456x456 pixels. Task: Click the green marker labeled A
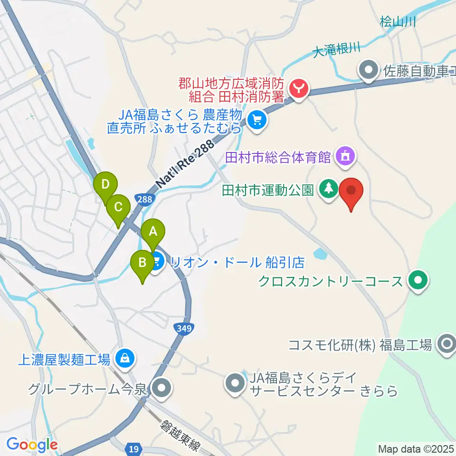click(x=153, y=232)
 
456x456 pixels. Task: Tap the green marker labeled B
click(x=142, y=263)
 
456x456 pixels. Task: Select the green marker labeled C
click(x=118, y=207)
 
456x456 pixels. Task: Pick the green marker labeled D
click(x=105, y=183)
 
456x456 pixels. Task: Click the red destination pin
click(x=351, y=191)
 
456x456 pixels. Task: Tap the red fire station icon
click(x=299, y=87)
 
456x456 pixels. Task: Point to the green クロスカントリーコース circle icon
click(x=418, y=281)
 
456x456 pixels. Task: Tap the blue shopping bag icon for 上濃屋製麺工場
click(x=124, y=359)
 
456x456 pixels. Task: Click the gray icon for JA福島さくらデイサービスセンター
click(x=235, y=383)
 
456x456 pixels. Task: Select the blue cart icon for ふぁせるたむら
click(x=257, y=120)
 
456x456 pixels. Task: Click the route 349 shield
click(x=182, y=328)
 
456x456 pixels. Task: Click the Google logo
click(x=32, y=445)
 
